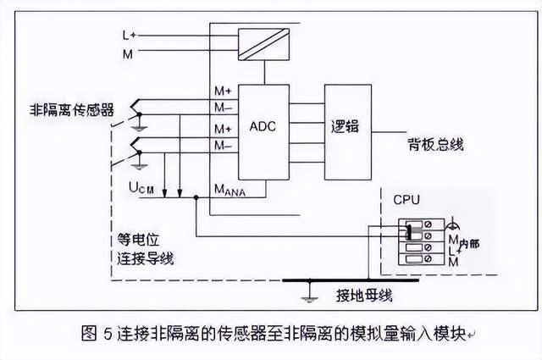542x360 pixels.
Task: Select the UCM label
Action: pos(140,186)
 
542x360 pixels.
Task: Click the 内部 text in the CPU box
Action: pos(469,243)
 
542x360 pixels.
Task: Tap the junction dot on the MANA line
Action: pos(196,197)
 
